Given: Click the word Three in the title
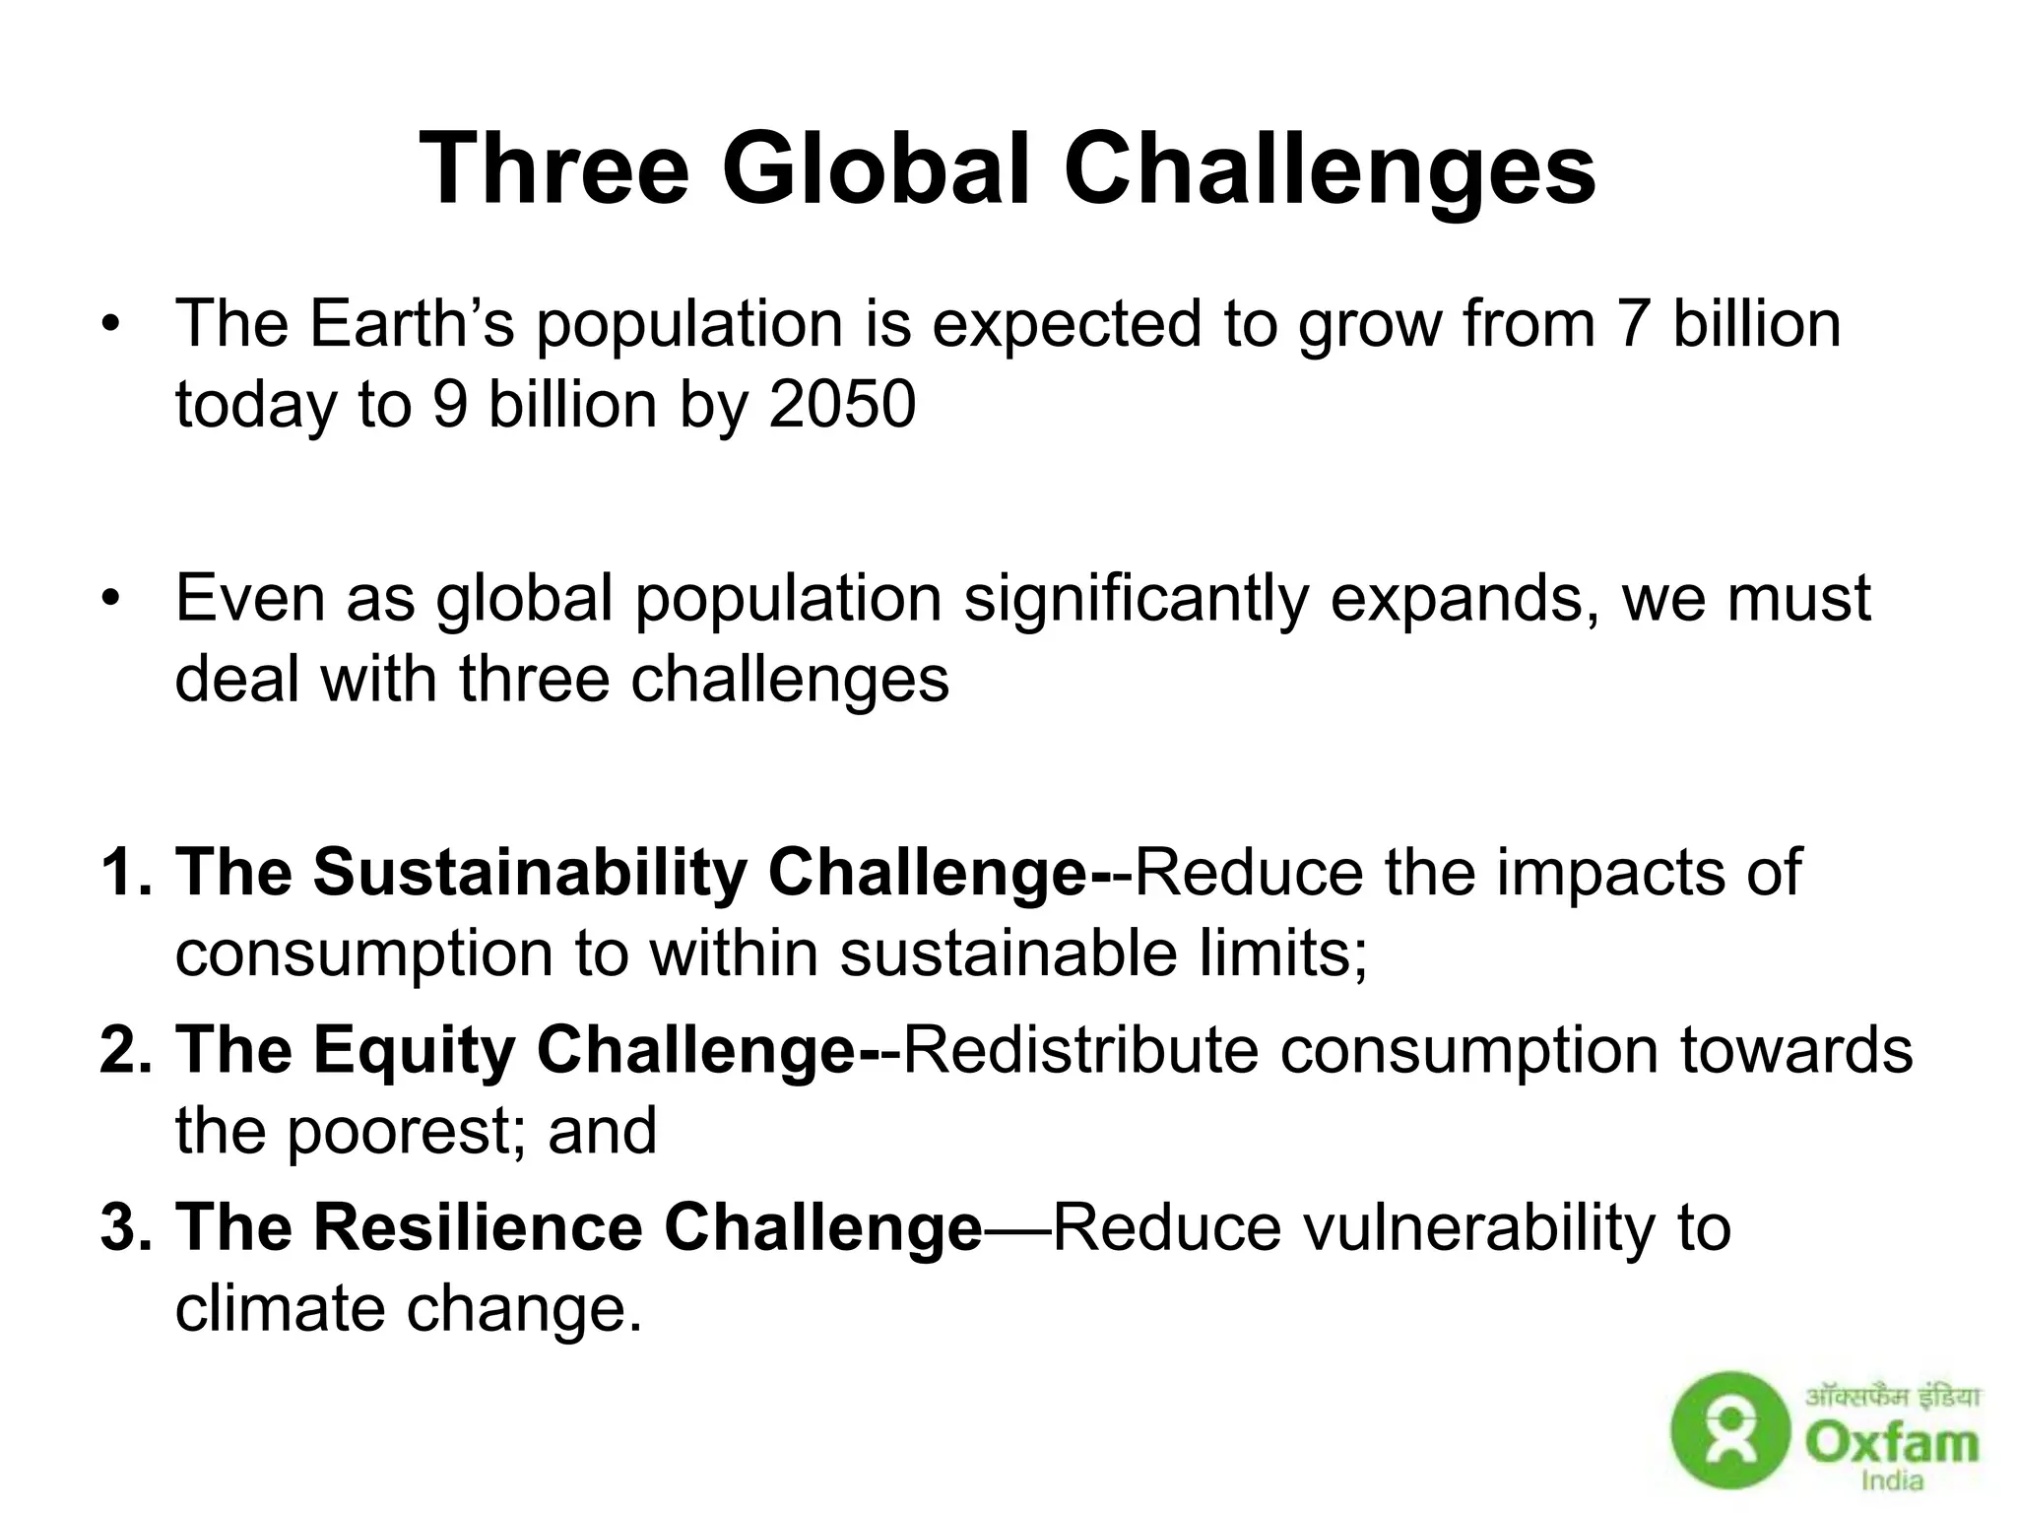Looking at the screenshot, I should coord(553,169).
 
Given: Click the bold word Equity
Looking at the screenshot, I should coord(415,1050).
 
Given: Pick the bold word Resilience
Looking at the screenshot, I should coord(479,1228).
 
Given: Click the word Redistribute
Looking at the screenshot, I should coord(1080,1050).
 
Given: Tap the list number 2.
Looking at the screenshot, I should coord(121,1050).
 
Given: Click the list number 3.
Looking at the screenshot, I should coord(121,1228).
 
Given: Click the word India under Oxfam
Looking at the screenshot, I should coord(1892,1480).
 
